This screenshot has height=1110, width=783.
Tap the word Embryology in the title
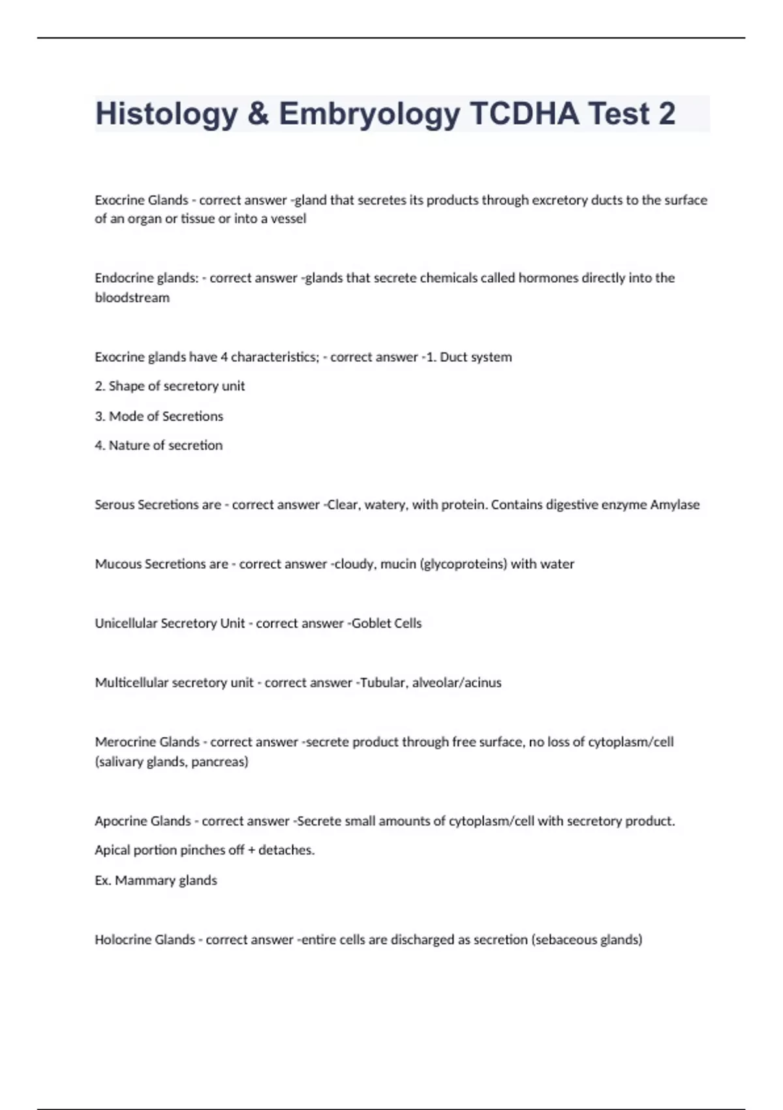pyautogui.click(x=369, y=114)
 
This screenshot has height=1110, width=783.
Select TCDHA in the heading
pyautogui.click(x=524, y=114)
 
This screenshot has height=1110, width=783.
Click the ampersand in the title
pyautogui.click(x=258, y=114)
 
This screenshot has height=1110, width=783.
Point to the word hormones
pyautogui.click(x=548, y=277)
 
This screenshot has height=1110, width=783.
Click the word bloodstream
pyautogui.click(x=132, y=298)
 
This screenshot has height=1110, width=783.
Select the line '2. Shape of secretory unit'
pyautogui.click(x=170, y=386)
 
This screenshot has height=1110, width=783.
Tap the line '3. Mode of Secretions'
pyautogui.click(x=159, y=416)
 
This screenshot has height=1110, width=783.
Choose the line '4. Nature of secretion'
pyautogui.click(x=159, y=445)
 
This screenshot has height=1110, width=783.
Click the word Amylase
pyautogui.click(x=675, y=505)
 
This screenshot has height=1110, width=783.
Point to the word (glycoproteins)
pyautogui.click(x=465, y=563)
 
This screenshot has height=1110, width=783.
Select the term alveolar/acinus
pyautogui.click(x=457, y=682)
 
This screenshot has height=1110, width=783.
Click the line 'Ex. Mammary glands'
pyautogui.click(x=156, y=880)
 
